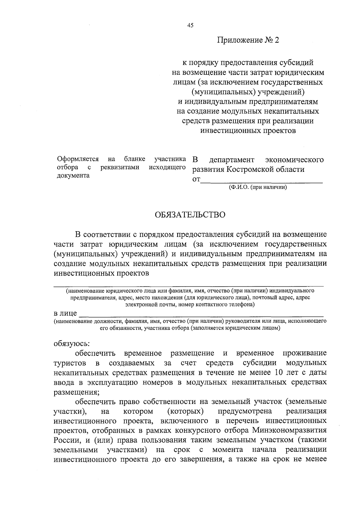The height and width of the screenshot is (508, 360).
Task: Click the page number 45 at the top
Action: (x=190, y=25)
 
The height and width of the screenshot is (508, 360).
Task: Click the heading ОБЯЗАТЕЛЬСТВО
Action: (x=190, y=215)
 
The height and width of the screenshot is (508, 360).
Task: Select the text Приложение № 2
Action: (x=248, y=40)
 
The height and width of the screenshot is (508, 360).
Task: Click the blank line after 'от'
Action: (x=261, y=180)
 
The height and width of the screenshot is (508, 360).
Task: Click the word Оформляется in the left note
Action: (x=78, y=159)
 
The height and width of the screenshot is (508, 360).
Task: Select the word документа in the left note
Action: (x=73, y=176)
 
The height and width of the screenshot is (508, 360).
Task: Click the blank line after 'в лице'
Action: (x=201, y=314)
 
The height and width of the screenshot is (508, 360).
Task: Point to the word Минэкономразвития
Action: (x=289, y=430)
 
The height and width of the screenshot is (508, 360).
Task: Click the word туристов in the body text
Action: (x=70, y=363)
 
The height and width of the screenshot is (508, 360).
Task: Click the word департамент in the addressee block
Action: (x=232, y=160)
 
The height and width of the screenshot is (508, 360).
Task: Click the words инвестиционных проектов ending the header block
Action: (x=248, y=131)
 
